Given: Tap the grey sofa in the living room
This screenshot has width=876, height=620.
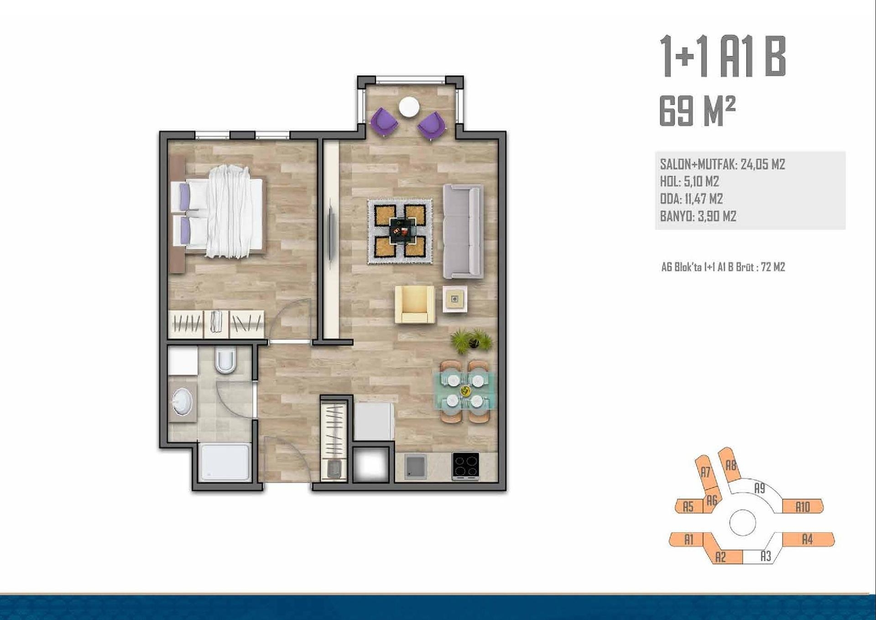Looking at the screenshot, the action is point(463,231).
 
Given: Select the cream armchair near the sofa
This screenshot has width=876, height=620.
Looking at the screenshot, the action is point(415,304).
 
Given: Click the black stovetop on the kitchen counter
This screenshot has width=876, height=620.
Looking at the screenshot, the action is point(465,466).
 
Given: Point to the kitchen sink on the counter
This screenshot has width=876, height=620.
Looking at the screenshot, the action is point(415,467).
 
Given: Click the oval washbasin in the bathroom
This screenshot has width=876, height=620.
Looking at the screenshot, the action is point(182,402).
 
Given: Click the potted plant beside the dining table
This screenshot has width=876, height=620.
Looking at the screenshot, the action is point(471,340).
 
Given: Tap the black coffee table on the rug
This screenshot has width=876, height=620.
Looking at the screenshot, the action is point(402,231).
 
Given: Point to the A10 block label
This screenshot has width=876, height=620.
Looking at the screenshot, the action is point(803,507).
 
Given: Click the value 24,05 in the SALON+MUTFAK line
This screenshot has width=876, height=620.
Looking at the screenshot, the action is point(753,164).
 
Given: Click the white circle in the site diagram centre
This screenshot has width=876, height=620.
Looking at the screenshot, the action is point(743,523).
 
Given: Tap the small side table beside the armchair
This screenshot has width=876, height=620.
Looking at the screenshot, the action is point(455,299).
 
